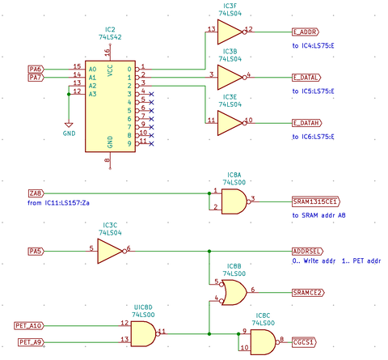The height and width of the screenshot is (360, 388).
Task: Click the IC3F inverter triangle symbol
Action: (x=230, y=31)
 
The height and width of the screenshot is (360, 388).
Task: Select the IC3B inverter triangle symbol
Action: (x=230, y=76)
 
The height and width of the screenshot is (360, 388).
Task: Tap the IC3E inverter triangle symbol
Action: (x=230, y=121)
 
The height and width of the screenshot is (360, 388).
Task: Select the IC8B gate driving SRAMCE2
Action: (x=234, y=290)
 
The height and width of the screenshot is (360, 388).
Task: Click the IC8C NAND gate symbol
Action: (x=261, y=342)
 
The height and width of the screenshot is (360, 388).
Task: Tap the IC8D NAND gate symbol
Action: (x=142, y=332)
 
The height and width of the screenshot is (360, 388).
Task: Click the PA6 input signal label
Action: (x=36, y=68)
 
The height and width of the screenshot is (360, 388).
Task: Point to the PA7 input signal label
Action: (x=36, y=77)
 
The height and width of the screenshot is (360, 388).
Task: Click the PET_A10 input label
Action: (x=29, y=324)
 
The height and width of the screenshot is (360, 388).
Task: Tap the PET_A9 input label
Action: (x=31, y=342)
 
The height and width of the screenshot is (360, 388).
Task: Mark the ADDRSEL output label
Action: (x=308, y=252)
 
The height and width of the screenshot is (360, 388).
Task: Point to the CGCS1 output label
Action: (x=305, y=342)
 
